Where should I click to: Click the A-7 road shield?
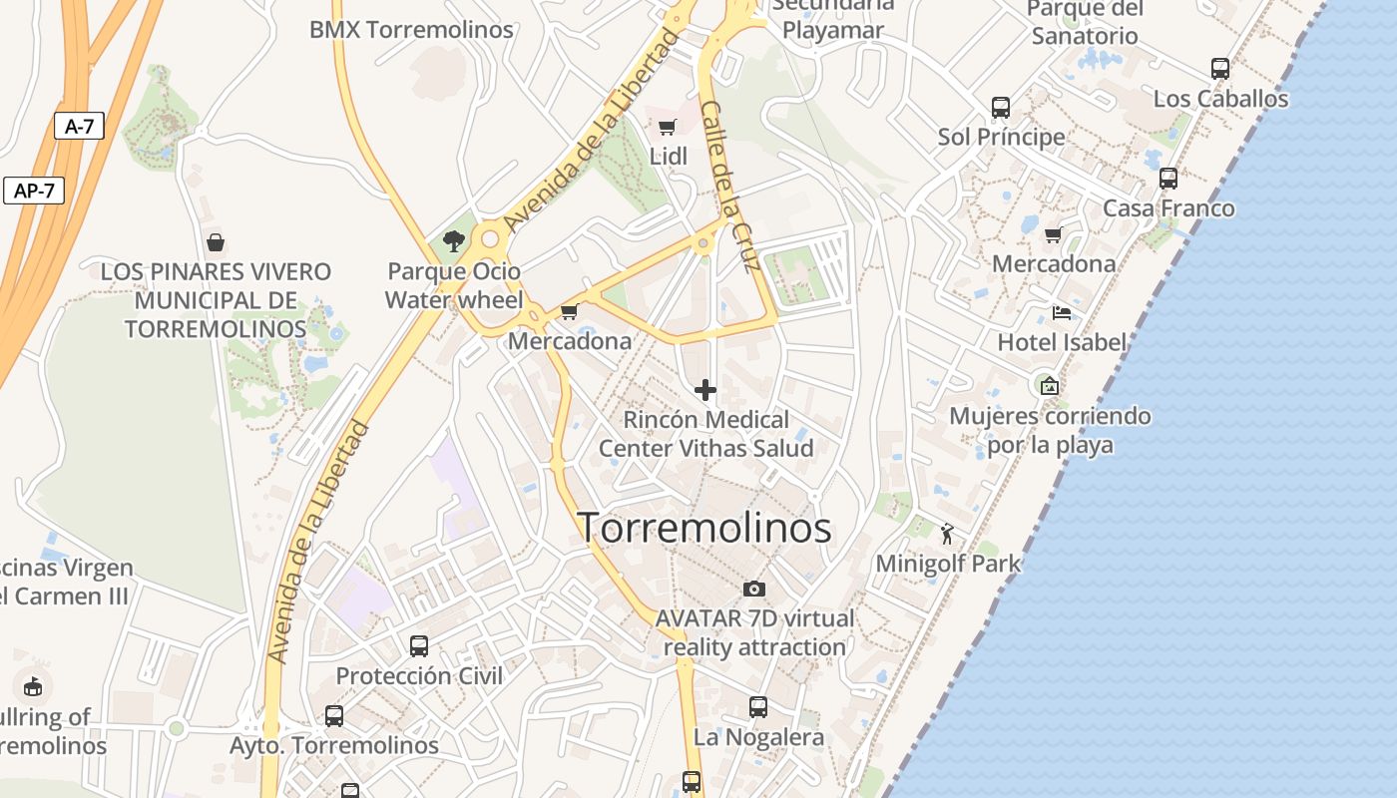tap(79, 126)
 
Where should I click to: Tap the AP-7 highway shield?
tap(34, 191)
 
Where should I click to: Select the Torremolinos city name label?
tap(704, 528)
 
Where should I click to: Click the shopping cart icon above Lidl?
tap(668, 127)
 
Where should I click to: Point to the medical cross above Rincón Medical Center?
tap(705, 389)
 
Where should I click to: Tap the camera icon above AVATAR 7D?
tap(754, 589)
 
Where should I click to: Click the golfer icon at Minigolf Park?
tap(947, 534)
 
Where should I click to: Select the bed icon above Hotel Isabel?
tap(1062, 312)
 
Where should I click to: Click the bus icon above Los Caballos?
tap(1220, 69)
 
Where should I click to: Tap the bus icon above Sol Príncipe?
tap(1001, 107)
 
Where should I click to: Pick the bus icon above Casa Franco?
tap(1168, 179)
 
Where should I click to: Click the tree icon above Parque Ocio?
tap(454, 240)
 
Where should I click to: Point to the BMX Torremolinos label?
tap(411, 30)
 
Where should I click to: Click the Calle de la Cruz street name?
tap(730, 187)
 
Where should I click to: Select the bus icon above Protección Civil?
tap(419, 645)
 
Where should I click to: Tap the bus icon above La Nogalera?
tap(758, 707)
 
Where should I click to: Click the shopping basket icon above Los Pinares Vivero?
tap(215, 241)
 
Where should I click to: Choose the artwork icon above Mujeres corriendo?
tap(1049, 385)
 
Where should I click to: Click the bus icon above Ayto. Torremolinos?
tap(334, 715)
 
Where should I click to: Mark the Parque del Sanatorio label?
tap(1085, 22)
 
